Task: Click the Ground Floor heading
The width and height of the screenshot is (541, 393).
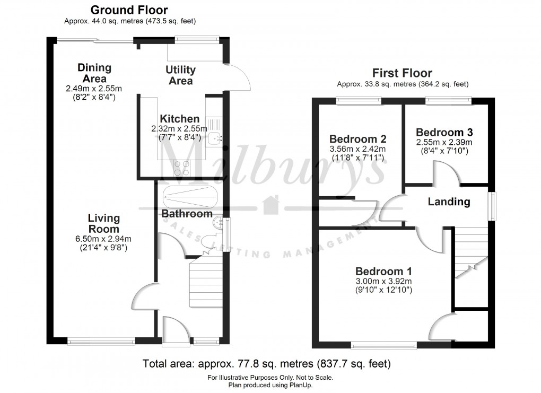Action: click(129, 10)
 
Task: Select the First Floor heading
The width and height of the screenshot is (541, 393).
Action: click(402, 73)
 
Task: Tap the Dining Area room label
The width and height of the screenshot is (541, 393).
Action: click(94, 73)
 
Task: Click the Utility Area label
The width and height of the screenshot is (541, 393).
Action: click(180, 75)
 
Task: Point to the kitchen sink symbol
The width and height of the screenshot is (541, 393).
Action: click(214, 138)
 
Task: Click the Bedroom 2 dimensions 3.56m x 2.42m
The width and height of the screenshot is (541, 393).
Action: click(357, 149)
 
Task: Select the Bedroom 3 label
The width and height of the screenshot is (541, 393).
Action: click(444, 133)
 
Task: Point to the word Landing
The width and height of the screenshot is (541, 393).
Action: click(449, 202)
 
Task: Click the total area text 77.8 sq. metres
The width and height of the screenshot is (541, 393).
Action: click(267, 364)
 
